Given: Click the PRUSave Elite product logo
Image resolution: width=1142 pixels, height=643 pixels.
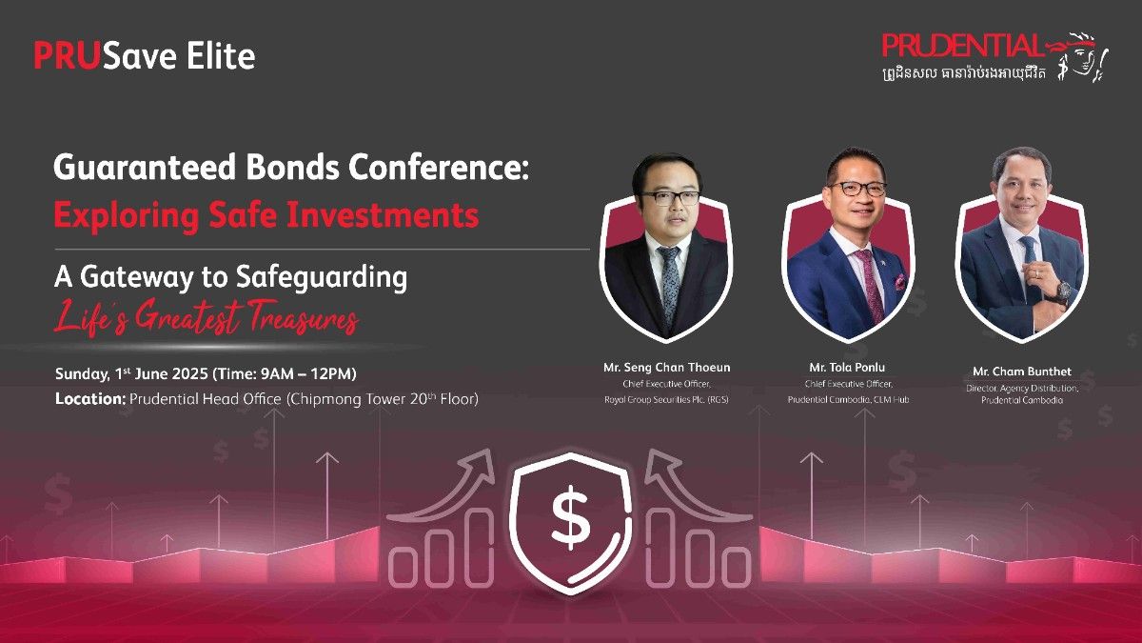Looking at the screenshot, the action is pos(145,55).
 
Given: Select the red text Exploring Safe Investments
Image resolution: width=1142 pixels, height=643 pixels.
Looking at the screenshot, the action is pos(266,214).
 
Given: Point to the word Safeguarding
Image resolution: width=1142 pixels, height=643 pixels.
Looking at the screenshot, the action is pos(322,278).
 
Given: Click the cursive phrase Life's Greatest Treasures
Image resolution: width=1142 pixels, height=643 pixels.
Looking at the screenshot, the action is pos(207,318).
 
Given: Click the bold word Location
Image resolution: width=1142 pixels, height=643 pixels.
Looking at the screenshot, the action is pos(90,398).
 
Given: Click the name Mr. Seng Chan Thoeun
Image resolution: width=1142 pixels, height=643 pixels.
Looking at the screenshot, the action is pos(667,368).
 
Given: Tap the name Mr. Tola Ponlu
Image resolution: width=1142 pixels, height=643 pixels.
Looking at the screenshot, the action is pos(847,368).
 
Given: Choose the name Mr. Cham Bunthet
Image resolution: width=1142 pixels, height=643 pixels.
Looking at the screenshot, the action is pos(1022,372).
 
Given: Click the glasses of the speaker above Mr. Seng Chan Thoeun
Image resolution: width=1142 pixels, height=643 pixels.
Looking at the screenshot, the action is pos(670,197).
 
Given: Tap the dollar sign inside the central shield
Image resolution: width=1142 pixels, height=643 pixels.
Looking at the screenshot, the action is pos(571,516).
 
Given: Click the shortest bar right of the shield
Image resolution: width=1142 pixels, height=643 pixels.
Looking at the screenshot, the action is pos(738,567).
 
